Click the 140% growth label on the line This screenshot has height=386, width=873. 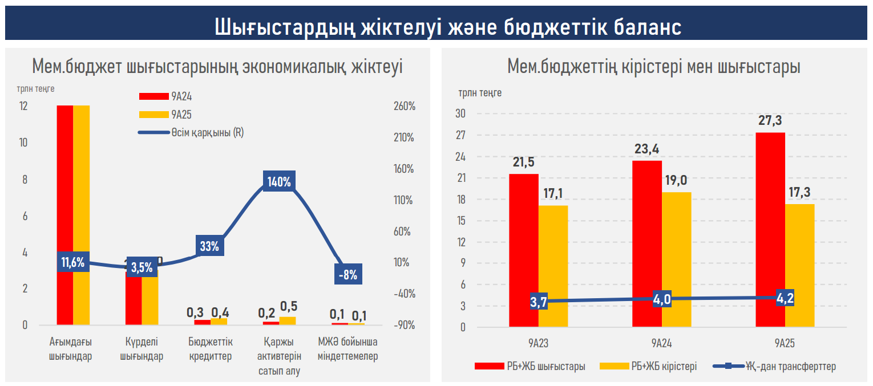[280, 182]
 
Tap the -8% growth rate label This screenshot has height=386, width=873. [347, 275]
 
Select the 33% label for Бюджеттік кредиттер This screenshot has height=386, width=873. [209, 246]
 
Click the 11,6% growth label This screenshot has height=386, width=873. [73, 263]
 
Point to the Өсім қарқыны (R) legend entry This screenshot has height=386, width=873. [191, 132]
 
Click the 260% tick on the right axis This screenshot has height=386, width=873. [403, 107]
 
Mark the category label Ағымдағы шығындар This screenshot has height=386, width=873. [71, 350]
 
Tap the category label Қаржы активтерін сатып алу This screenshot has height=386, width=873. [278, 356]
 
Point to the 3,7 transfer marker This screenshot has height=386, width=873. [539, 302]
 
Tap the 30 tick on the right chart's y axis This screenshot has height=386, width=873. [460, 114]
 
